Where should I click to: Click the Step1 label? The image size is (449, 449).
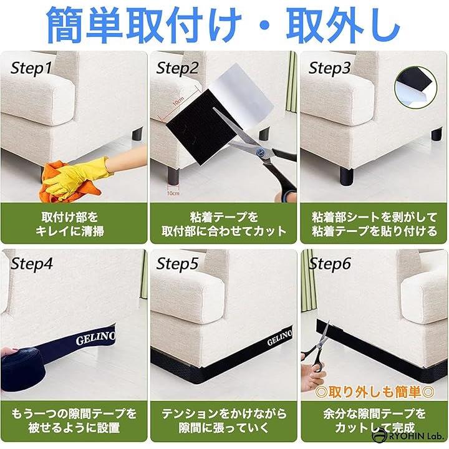point(32,69)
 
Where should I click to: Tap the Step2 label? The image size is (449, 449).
point(178,69)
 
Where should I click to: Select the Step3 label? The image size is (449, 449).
point(330,69)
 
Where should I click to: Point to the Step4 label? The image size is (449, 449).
point(32,264)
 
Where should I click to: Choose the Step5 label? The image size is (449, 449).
point(178,264)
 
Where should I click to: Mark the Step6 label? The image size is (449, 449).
point(330,264)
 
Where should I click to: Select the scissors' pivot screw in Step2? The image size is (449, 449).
point(260,152)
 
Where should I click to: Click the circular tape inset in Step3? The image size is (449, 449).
point(416,88)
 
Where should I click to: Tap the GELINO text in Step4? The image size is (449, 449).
point(95,338)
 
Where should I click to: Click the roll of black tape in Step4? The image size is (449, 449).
point(23,369)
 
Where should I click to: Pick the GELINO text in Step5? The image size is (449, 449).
point(280,337)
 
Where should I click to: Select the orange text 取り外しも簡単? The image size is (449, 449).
point(375,392)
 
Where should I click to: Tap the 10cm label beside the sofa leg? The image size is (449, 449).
point(173,193)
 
